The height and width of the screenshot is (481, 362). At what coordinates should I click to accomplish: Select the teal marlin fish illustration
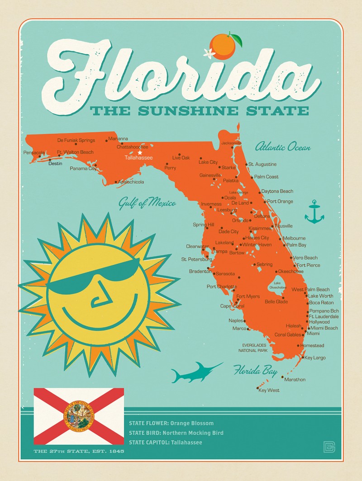pos(195,371)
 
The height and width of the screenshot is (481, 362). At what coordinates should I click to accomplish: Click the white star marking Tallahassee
pos(140,152)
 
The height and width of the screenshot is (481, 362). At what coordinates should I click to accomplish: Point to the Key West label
pos(269,390)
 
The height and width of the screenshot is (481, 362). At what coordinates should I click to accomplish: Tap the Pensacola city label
pos(34,152)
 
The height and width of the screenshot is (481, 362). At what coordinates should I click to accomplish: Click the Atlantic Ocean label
pos(283,147)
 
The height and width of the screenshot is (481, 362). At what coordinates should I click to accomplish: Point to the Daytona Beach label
pos(277,191)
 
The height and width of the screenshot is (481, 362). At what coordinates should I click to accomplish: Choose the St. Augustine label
pos(262,164)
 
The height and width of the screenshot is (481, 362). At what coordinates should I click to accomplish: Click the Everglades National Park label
pos(255,348)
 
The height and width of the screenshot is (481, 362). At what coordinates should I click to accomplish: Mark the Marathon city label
pos(295,380)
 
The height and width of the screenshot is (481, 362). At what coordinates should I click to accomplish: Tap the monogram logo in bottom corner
pos(329,446)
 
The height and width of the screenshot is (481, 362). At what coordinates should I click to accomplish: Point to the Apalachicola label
pos(131,182)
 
